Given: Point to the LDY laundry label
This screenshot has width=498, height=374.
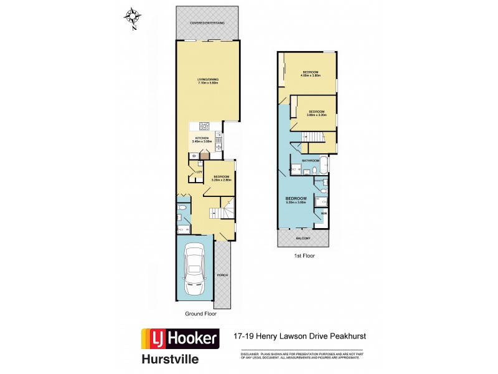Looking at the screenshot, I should tap(199, 172).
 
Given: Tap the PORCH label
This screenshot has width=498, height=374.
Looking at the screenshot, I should tap(222, 275).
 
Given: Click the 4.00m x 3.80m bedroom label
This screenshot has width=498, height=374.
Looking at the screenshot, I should tap(311, 74).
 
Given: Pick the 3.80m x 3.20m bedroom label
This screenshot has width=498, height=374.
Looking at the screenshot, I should tap(316, 113).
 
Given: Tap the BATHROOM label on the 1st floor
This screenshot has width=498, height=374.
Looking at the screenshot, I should tap(310, 160).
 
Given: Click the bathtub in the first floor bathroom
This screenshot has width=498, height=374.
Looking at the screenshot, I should tap(323, 168).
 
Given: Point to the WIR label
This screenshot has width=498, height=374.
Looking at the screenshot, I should tap(323, 213).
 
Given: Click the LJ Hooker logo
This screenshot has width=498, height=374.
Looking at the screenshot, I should tap(181, 339).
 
